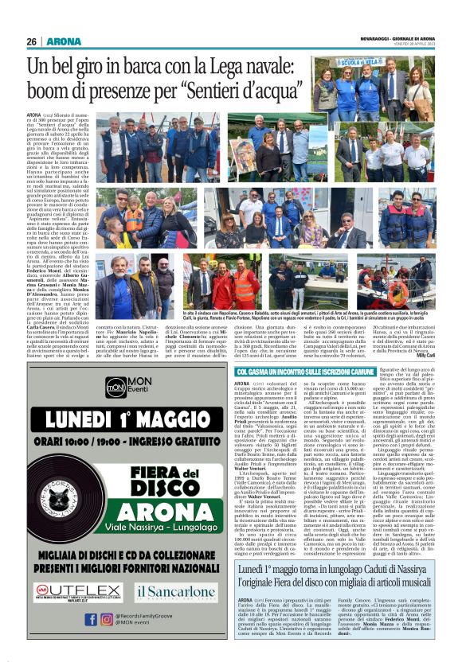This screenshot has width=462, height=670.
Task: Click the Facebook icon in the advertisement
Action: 92,618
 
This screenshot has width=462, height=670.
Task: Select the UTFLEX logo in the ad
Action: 73,590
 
